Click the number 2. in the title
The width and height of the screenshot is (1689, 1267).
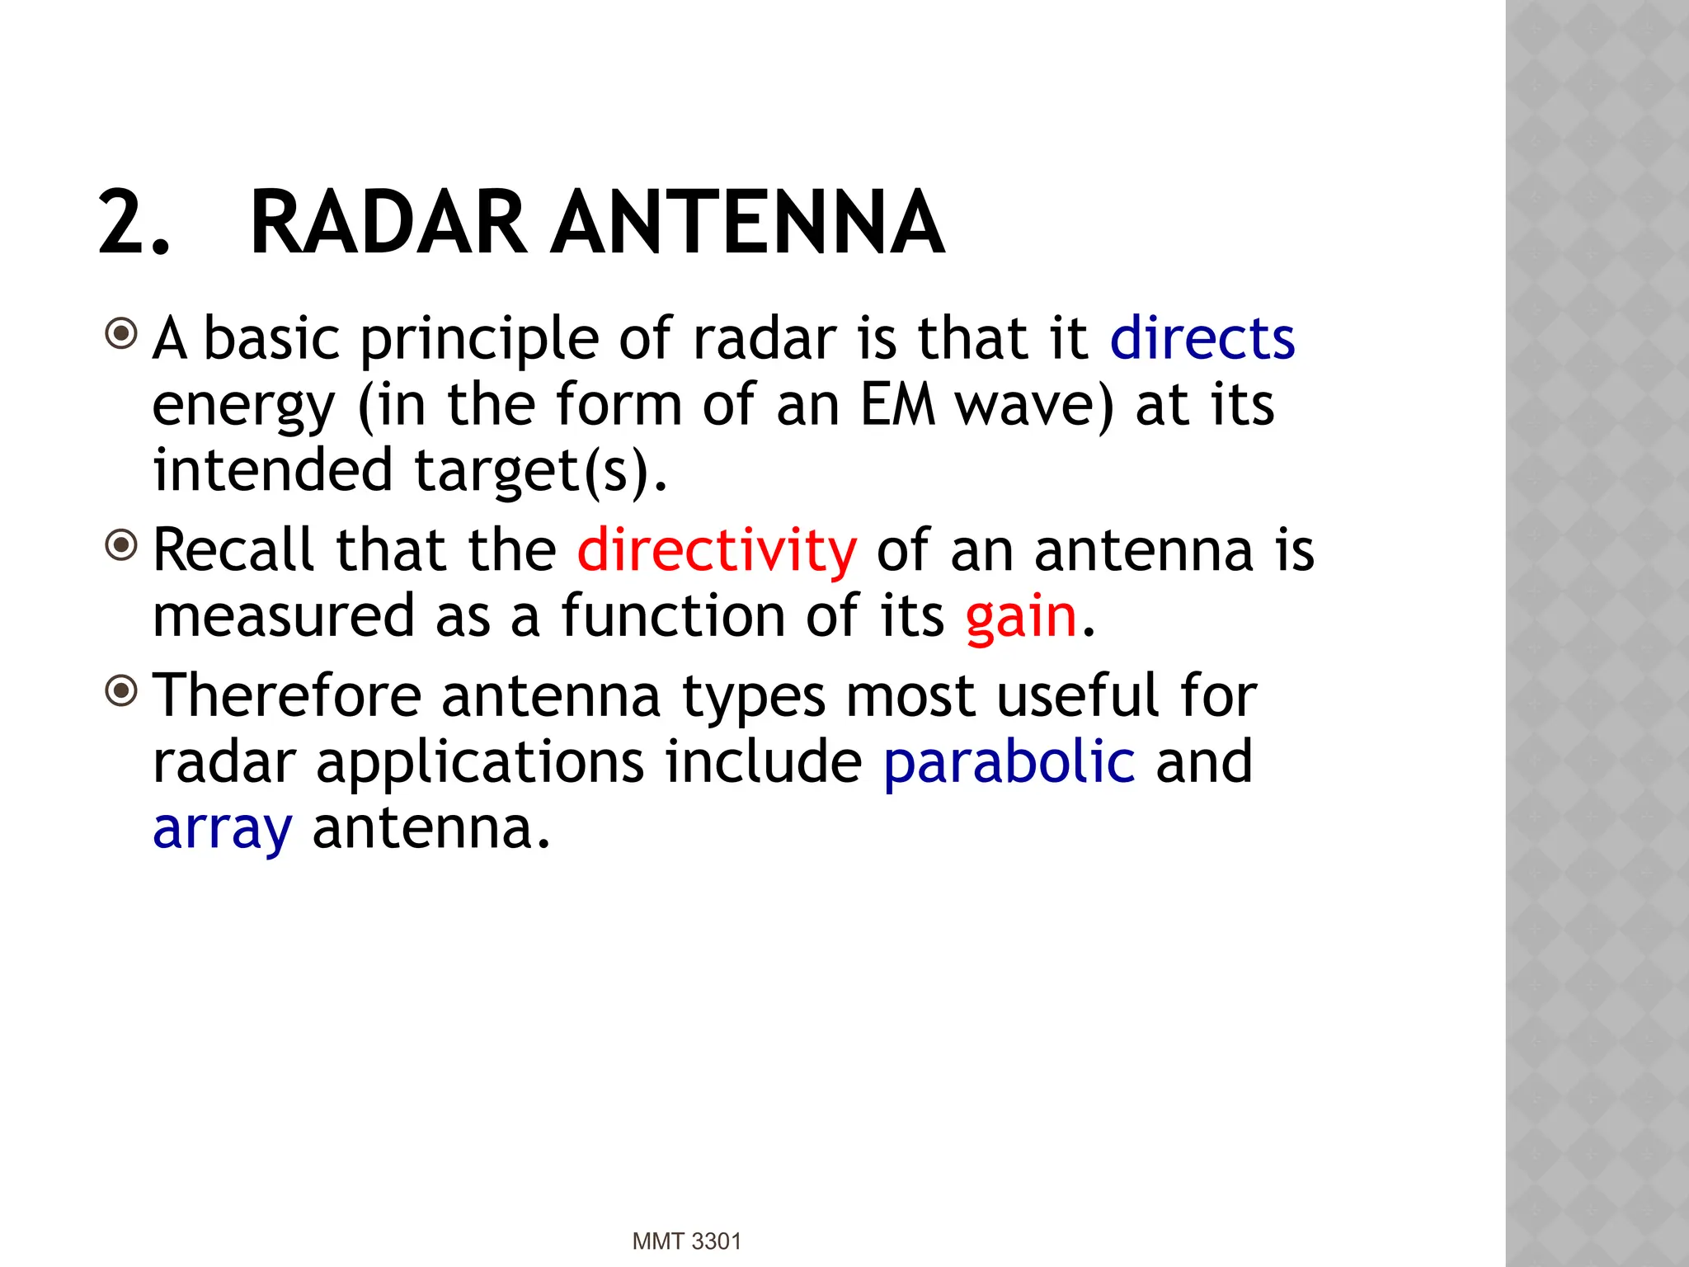click(x=134, y=223)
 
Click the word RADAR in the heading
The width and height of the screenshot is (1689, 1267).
click(x=388, y=223)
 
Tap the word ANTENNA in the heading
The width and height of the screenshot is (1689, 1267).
click(x=747, y=223)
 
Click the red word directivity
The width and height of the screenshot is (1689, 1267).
click(x=717, y=550)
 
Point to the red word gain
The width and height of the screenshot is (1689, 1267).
click(x=1021, y=617)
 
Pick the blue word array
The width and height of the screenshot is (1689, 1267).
click(x=223, y=829)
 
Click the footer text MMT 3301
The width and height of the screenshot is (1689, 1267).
click(x=686, y=1241)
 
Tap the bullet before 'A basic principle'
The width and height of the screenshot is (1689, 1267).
click(x=122, y=334)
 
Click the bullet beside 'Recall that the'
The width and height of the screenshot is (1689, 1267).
click(x=122, y=545)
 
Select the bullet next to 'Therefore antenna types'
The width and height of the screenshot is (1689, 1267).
click(x=122, y=690)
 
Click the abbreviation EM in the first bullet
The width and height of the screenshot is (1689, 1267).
click(x=897, y=405)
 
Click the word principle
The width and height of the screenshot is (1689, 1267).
click(x=479, y=340)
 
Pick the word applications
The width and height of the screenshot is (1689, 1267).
click(x=480, y=764)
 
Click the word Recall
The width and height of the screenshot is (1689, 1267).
click(x=234, y=550)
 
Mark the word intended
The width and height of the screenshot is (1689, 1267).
click(x=272, y=471)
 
